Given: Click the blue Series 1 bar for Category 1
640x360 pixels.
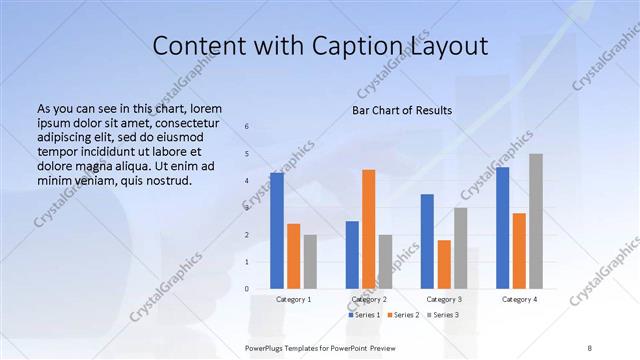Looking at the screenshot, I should pyautogui.click(x=277, y=231).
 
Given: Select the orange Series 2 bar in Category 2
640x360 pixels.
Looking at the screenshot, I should pyautogui.click(x=369, y=229).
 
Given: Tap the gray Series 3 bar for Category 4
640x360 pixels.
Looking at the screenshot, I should pyautogui.click(x=536, y=221).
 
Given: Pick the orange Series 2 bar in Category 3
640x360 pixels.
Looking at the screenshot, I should pyautogui.click(x=444, y=264).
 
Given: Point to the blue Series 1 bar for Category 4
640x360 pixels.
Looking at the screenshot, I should pyautogui.click(x=502, y=228).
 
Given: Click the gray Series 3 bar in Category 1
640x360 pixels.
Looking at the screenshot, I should pyautogui.click(x=310, y=262).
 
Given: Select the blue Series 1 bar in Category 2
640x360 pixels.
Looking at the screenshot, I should pyautogui.click(x=352, y=255).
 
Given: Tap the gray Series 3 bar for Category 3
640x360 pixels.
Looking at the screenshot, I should pyautogui.click(x=461, y=248).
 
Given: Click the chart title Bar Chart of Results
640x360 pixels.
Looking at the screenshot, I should pyautogui.click(x=402, y=109).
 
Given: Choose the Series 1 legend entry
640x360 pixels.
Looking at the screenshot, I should pyautogui.click(x=363, y=315).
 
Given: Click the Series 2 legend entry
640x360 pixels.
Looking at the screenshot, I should pyautogui.click(x=402, y=315).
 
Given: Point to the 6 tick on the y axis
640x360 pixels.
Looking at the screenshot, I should pyautogui.click(x=248, y=127).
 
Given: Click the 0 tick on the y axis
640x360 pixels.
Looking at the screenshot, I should pyautogui.click(x=248, y=289).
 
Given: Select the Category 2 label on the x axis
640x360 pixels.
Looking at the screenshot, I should pyautogui.click(x=369, y=299).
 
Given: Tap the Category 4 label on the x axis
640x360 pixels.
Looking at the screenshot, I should pyautogui.click(x=519, y=299).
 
